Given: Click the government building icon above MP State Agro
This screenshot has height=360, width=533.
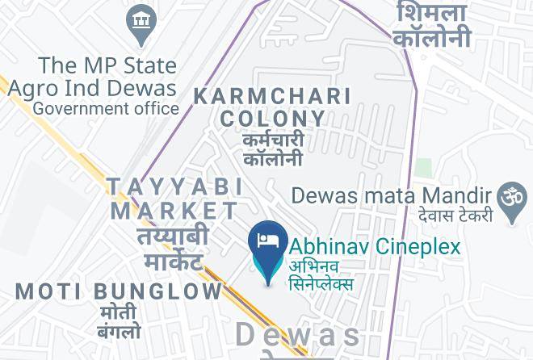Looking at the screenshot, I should [142, 21].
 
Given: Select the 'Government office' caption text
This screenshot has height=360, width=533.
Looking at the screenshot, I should [107, 107].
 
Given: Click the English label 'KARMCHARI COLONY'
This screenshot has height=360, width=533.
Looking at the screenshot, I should [273, 107].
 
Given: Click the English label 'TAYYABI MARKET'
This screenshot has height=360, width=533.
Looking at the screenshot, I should [175, 199].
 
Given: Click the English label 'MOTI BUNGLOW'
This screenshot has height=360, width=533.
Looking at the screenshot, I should [118, 291].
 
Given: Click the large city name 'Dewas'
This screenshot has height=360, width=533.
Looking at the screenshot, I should [298, 334].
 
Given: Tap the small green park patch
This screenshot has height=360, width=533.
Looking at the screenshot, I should [422, 167].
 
